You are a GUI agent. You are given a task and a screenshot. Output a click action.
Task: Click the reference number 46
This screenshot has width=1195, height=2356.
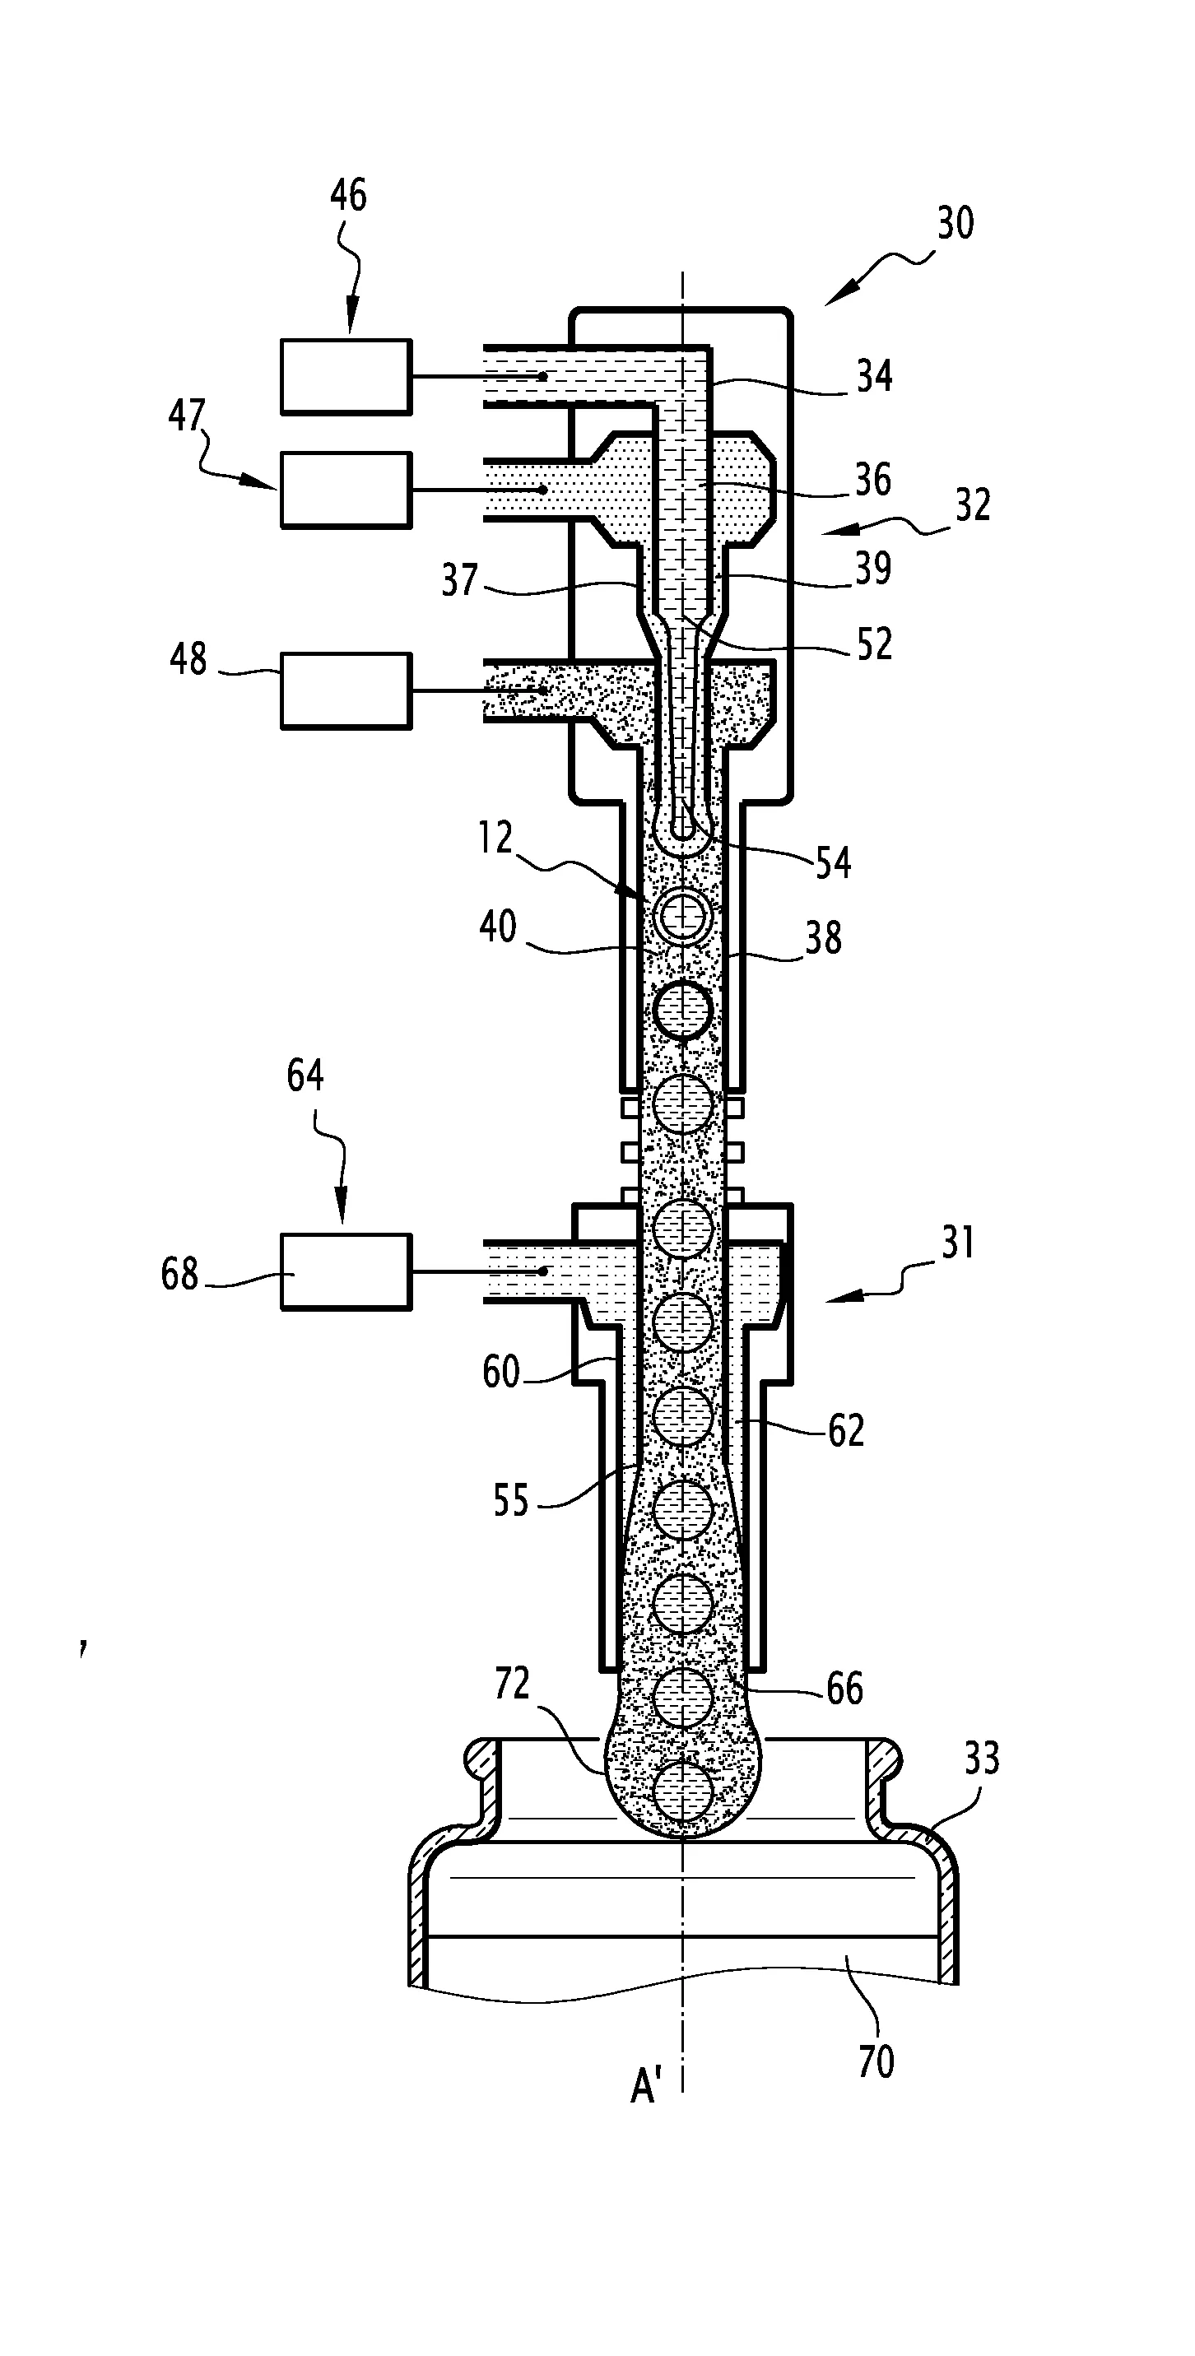347,196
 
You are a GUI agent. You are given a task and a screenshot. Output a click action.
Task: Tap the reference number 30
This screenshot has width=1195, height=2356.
956,223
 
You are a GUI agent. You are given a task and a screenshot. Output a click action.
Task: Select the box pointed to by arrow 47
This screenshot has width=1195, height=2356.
346,490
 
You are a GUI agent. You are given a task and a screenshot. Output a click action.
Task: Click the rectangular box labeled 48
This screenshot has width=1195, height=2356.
346,690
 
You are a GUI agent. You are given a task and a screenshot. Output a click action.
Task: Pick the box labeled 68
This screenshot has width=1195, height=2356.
346,1271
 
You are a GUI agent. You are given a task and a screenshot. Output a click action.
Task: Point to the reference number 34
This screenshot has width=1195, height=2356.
874,376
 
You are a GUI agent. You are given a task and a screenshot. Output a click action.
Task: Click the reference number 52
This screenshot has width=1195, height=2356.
874,645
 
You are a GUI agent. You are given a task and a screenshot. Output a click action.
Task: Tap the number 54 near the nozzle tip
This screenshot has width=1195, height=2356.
833,862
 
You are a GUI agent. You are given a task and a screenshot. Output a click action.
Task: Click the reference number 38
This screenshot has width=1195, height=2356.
823,937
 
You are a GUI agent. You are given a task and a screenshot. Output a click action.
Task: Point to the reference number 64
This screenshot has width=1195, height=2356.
305,1076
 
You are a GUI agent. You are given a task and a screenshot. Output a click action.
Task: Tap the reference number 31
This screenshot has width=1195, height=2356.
957,1243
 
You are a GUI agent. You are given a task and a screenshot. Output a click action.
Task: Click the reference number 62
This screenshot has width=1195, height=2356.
845,1430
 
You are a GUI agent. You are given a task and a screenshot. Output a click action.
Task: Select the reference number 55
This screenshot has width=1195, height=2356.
510,1501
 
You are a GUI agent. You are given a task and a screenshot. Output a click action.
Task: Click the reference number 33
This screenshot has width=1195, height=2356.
982,1759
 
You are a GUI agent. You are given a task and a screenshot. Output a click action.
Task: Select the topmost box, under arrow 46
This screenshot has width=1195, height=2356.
346,377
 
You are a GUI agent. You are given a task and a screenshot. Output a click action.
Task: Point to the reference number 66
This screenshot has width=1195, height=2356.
844,1689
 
